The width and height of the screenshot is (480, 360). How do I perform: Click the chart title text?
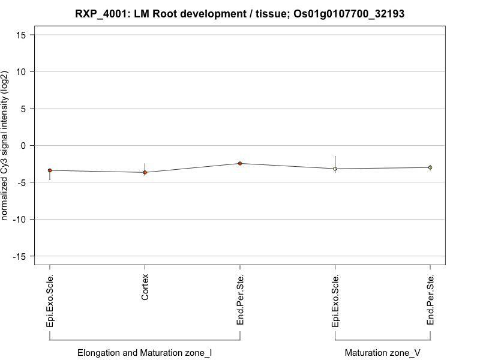point(240,13)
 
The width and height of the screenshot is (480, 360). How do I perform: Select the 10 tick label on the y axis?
point(22,72)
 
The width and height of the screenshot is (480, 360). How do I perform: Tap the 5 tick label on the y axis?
point(25,109)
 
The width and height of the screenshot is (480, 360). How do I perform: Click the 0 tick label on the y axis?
point(25,146)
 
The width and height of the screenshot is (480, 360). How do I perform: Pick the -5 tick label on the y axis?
point(23,182)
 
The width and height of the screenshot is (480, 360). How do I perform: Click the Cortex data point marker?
point(145,172)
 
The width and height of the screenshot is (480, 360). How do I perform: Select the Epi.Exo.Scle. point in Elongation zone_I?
point(50,170)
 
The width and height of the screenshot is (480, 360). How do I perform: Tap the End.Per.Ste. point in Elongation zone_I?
point(240,163)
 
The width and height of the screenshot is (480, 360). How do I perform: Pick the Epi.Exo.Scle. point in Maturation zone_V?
point(335,169)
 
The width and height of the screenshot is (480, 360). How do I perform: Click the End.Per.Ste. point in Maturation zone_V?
point(430,167)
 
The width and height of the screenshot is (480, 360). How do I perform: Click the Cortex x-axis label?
point(145,287)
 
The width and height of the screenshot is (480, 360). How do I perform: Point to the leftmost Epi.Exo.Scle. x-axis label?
point(50,301)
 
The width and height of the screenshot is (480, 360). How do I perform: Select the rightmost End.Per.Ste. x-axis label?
point(431,300)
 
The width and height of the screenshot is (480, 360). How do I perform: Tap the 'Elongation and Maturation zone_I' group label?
point(145,353)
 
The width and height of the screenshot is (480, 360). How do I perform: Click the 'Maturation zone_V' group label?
point(383,353)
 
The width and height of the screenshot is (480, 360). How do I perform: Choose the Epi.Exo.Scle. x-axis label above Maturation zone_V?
point(335,301)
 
